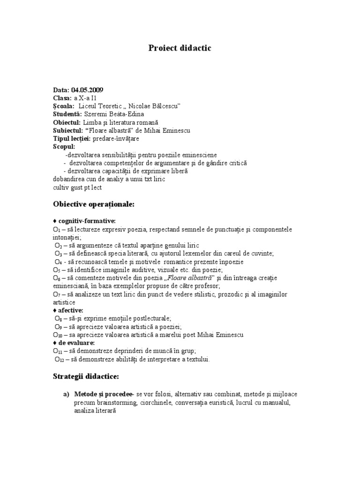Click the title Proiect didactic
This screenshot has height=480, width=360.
point(180,48)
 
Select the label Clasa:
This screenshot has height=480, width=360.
point(62,98)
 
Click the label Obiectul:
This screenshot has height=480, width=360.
point(67,122)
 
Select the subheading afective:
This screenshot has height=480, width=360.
point(71,310)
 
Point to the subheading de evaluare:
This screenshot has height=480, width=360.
point(76,343)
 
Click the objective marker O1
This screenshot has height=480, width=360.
point(56,230)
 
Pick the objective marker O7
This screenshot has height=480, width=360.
point(56,294)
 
